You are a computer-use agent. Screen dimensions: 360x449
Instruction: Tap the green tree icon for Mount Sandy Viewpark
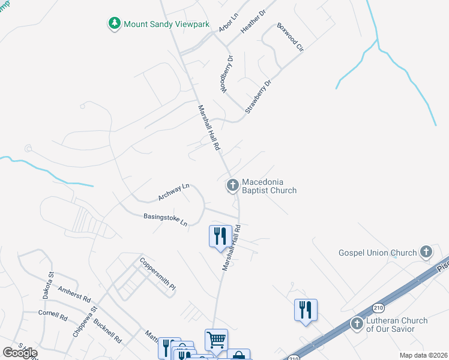click(114, 23)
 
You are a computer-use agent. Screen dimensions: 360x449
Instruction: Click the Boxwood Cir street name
click(291, 37)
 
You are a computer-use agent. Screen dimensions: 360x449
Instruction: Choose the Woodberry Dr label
click(226, 74)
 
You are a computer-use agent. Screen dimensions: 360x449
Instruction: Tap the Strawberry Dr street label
click(258, 95)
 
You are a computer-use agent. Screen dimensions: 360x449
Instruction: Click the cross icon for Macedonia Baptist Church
click(232, 186)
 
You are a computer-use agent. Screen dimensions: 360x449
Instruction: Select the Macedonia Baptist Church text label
click(269, 186)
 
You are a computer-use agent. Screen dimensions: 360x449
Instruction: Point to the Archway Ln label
click(173, 192)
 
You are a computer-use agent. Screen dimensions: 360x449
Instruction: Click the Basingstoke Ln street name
click(165, 220)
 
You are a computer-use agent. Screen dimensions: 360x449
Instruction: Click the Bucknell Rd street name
click(108, 331)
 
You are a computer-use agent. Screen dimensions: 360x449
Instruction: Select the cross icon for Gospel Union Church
click(426, 252)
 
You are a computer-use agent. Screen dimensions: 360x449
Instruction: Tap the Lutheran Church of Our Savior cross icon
click(358, 324)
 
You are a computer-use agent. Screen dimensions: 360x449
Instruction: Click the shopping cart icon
click(216, 338)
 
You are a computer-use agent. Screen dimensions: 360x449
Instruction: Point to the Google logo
click(20, 352)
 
